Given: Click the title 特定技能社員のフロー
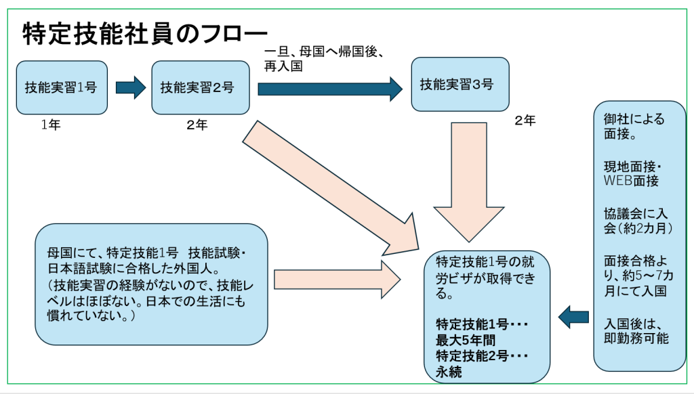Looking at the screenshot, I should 145,33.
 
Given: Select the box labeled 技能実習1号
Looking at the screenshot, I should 62,87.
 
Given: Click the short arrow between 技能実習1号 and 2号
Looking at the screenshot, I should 130,87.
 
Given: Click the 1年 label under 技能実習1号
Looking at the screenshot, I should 51,125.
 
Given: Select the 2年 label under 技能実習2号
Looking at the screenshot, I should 197,125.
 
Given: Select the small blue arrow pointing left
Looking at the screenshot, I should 575,314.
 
